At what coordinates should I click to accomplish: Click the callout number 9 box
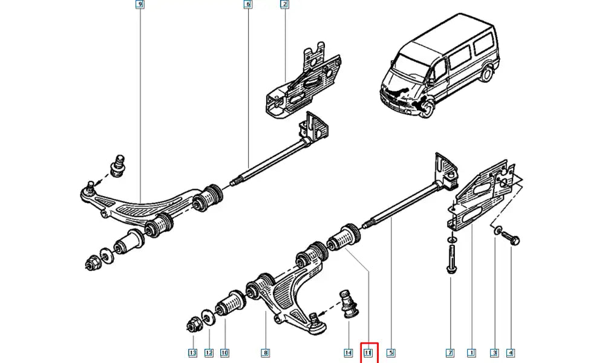click(140, 5)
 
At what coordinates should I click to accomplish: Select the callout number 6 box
click(247, 5)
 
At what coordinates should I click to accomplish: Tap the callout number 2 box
click(284, 5)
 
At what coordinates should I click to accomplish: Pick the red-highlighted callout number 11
click(369, 352)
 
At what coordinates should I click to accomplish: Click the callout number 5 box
click(391, 352)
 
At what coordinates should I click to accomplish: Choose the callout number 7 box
click(450, 352)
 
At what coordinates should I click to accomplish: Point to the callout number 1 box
click(471, 352)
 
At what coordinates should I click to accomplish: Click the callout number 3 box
click(494, 352)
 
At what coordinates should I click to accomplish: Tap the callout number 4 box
click(511, 352)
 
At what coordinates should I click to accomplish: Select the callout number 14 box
click(348, 352)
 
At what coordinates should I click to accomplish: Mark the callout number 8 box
click(266, 352)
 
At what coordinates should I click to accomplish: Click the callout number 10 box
click(224, 352)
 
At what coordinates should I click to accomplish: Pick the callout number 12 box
click(209, 352)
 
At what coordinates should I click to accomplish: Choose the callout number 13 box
click(192, 352)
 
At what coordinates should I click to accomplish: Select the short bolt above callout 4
click(512, 238)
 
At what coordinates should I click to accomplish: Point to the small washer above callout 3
click(497, 231)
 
